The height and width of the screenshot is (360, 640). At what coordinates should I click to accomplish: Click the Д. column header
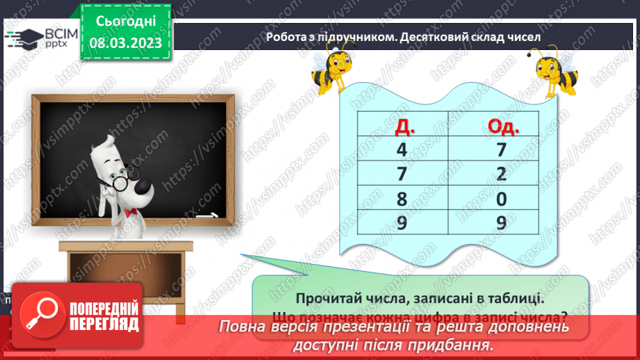coord(402,125)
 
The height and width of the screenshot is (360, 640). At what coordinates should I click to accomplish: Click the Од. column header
coord(501,125)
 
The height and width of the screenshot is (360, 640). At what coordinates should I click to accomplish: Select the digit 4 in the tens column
coord(402,149)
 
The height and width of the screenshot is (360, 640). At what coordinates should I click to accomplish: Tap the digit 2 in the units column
coord(502,174)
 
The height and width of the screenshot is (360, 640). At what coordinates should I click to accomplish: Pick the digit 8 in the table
coord(402,199)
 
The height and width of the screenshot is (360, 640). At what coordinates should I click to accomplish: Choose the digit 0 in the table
coord(502,199)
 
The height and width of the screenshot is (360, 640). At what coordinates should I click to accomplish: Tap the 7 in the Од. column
coord(502,149)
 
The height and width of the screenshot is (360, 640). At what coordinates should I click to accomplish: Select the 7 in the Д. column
coord(402,174)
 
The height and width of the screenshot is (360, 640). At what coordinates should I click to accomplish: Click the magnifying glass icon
coord(40,315)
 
